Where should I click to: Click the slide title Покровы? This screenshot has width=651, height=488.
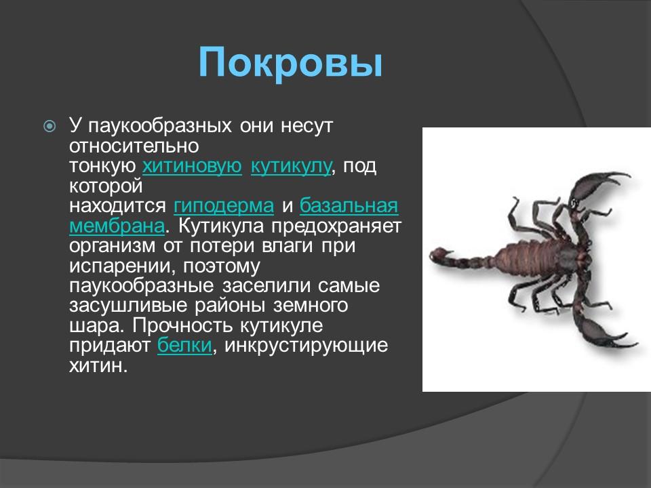pyautogui.click(x=291, y=63)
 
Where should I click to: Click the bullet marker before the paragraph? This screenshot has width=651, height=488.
pyautogui.click(x=50, y=127)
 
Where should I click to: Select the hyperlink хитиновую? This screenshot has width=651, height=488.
pyautogui.click(x=193, y=166)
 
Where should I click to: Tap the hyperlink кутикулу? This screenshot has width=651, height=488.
pyautogui.click(x=291, y=166)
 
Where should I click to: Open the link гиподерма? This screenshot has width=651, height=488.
pyautogui.click(x=224, y=205)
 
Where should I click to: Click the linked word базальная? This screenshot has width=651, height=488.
pyautogui.click(x=349, y=205)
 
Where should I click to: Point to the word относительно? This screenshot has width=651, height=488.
pyautogui.click(x=134, y=146)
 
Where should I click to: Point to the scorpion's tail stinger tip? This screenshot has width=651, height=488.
pyautogui.click(x=435, y=253)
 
